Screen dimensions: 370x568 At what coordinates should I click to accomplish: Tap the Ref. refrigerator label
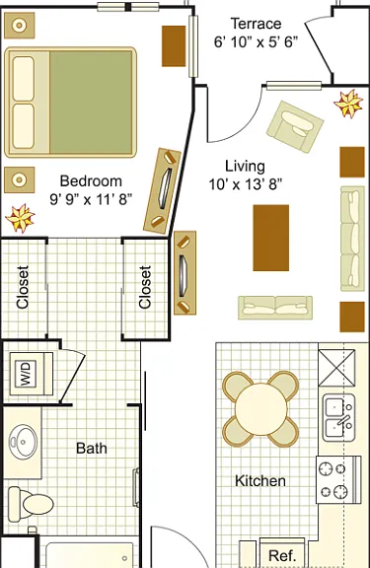[282, 555]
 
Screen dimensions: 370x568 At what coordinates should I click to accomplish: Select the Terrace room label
[256, 24]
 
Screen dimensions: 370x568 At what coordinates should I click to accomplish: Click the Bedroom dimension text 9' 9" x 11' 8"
[91, 199]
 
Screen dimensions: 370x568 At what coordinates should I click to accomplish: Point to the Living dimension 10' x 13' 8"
[245, 184]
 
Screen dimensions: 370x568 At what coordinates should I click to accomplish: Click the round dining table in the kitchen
[260, 409]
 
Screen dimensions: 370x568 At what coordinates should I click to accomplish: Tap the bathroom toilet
[31, 504]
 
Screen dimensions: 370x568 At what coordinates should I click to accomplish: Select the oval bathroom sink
[23, 442]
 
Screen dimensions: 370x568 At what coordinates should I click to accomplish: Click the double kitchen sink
[338, 418]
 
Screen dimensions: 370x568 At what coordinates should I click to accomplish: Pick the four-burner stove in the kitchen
[338, 479]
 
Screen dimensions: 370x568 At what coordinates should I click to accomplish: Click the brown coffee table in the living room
[271, 238]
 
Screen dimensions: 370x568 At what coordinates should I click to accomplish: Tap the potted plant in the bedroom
[20, 218]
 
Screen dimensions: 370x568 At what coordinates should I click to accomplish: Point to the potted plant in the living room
[348, 104]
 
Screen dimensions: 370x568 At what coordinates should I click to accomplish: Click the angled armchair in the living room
[295, 127]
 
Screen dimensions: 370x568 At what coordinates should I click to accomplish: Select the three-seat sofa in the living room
[352, 239]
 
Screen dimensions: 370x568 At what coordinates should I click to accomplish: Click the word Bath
[92, 449]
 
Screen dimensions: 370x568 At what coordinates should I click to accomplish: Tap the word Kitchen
[260, 481]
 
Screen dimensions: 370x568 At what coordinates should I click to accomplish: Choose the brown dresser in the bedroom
[174, 46]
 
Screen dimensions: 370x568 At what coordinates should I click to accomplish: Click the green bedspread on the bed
[91, 103]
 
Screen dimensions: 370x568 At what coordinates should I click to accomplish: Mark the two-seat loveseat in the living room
[275, 308]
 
